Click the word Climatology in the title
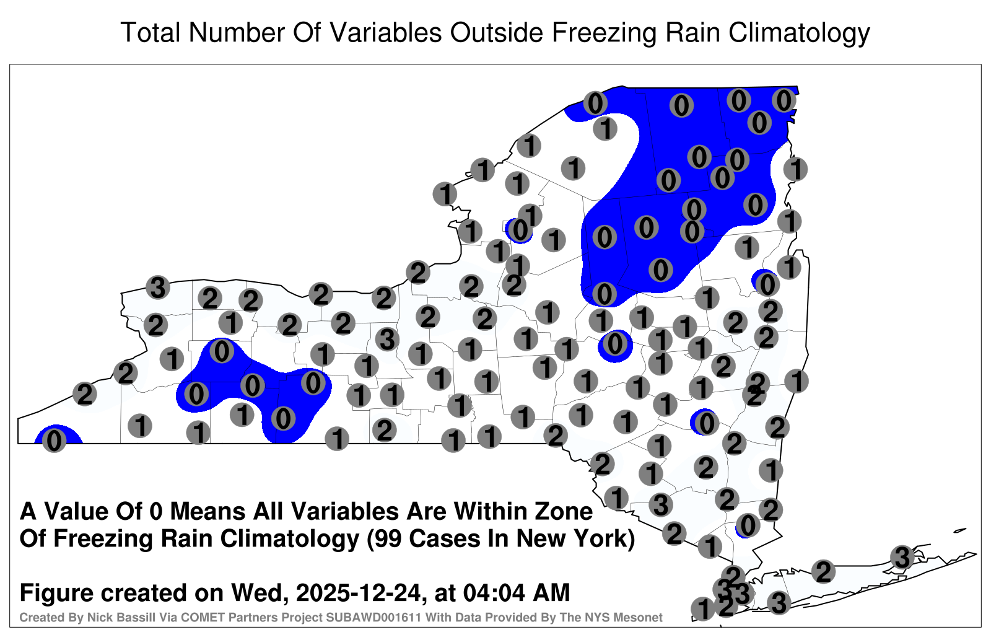click(x=799, y=33)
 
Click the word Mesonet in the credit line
click(x=640, y=618)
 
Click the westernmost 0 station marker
click(x=54, y=441)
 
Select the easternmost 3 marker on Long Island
click(x=902, y=557)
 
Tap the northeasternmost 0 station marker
click(x=784, y=100)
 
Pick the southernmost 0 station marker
click(x=748, y=526)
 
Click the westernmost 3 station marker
click(x=158, y=287)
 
